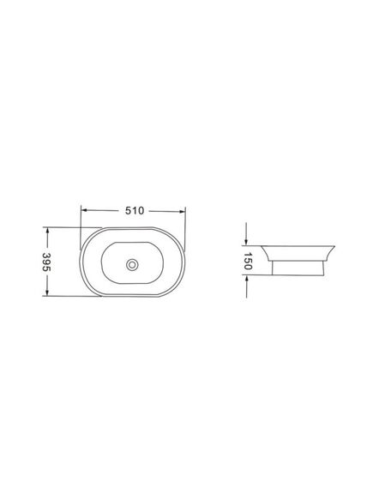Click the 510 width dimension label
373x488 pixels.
(135, 211)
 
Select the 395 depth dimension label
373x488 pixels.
(46, 262)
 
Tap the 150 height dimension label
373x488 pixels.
(248, 261)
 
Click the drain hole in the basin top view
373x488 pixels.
(132, 264)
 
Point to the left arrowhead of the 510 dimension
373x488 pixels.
(84, 210)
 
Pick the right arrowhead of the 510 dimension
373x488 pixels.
(182, 211)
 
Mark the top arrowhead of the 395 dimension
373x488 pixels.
(47, 231)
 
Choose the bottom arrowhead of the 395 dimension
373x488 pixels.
(47, 292)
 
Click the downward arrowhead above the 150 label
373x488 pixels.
(246, 242)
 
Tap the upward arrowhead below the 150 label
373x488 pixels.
(246, 279)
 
